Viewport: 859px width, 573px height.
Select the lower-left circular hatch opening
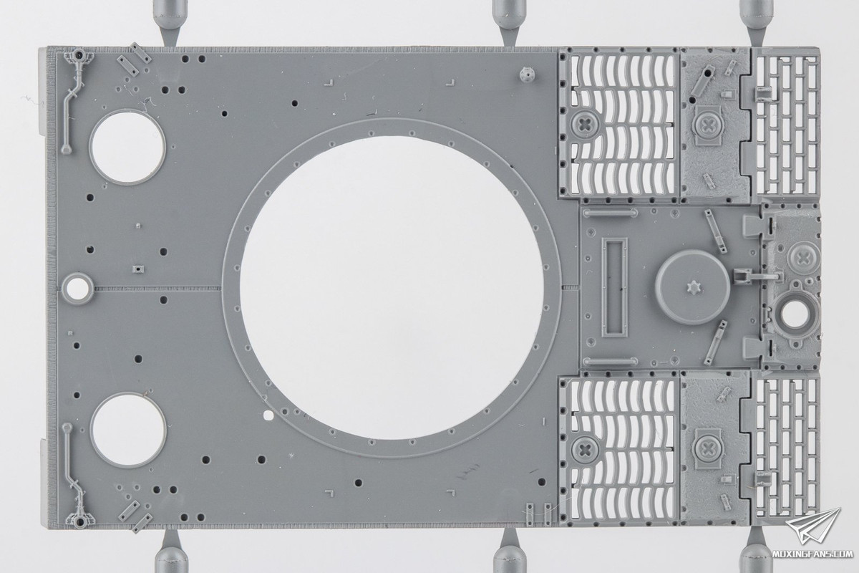click(x=128, y=430)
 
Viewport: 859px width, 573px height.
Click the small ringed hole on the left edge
click(x=77, y=288)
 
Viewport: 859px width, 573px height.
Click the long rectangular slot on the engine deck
click(x=614, y=287)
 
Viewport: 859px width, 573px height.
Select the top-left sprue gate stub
click(x=170, y=23)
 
